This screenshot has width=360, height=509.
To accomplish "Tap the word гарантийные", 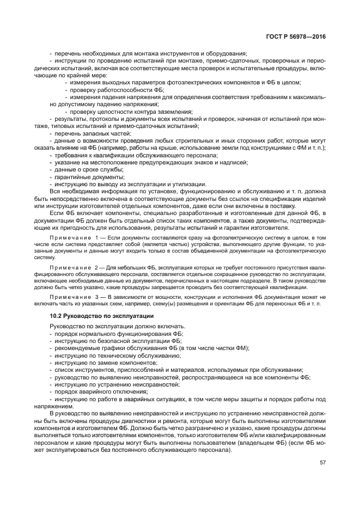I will tap(71, 176).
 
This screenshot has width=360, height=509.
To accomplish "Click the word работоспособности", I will tap(121, 89).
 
